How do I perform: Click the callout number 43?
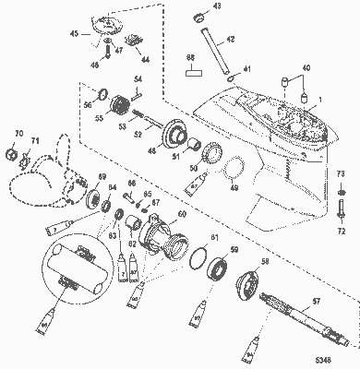[x=218, y=6]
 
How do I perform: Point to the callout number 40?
[x=306, y=68]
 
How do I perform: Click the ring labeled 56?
[x=106, y=92]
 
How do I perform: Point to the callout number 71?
[x=36, y=140]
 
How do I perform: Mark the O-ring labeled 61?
[x=196, y=259]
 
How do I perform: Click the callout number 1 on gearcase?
[x=321, y=99]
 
